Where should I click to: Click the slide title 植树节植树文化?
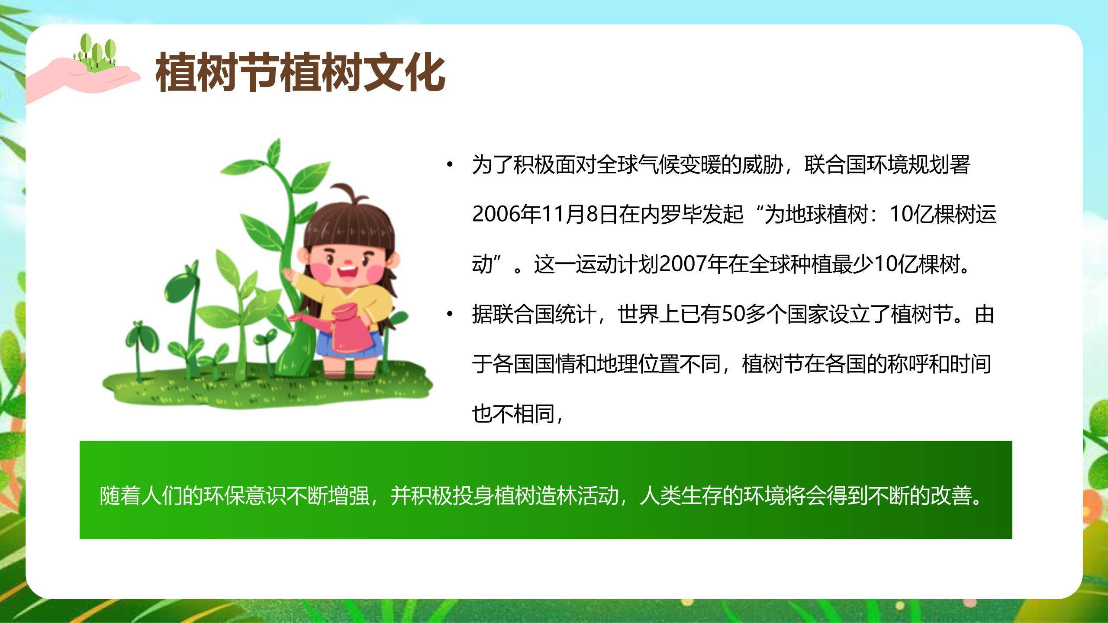300,72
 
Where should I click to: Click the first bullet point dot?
450,165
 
